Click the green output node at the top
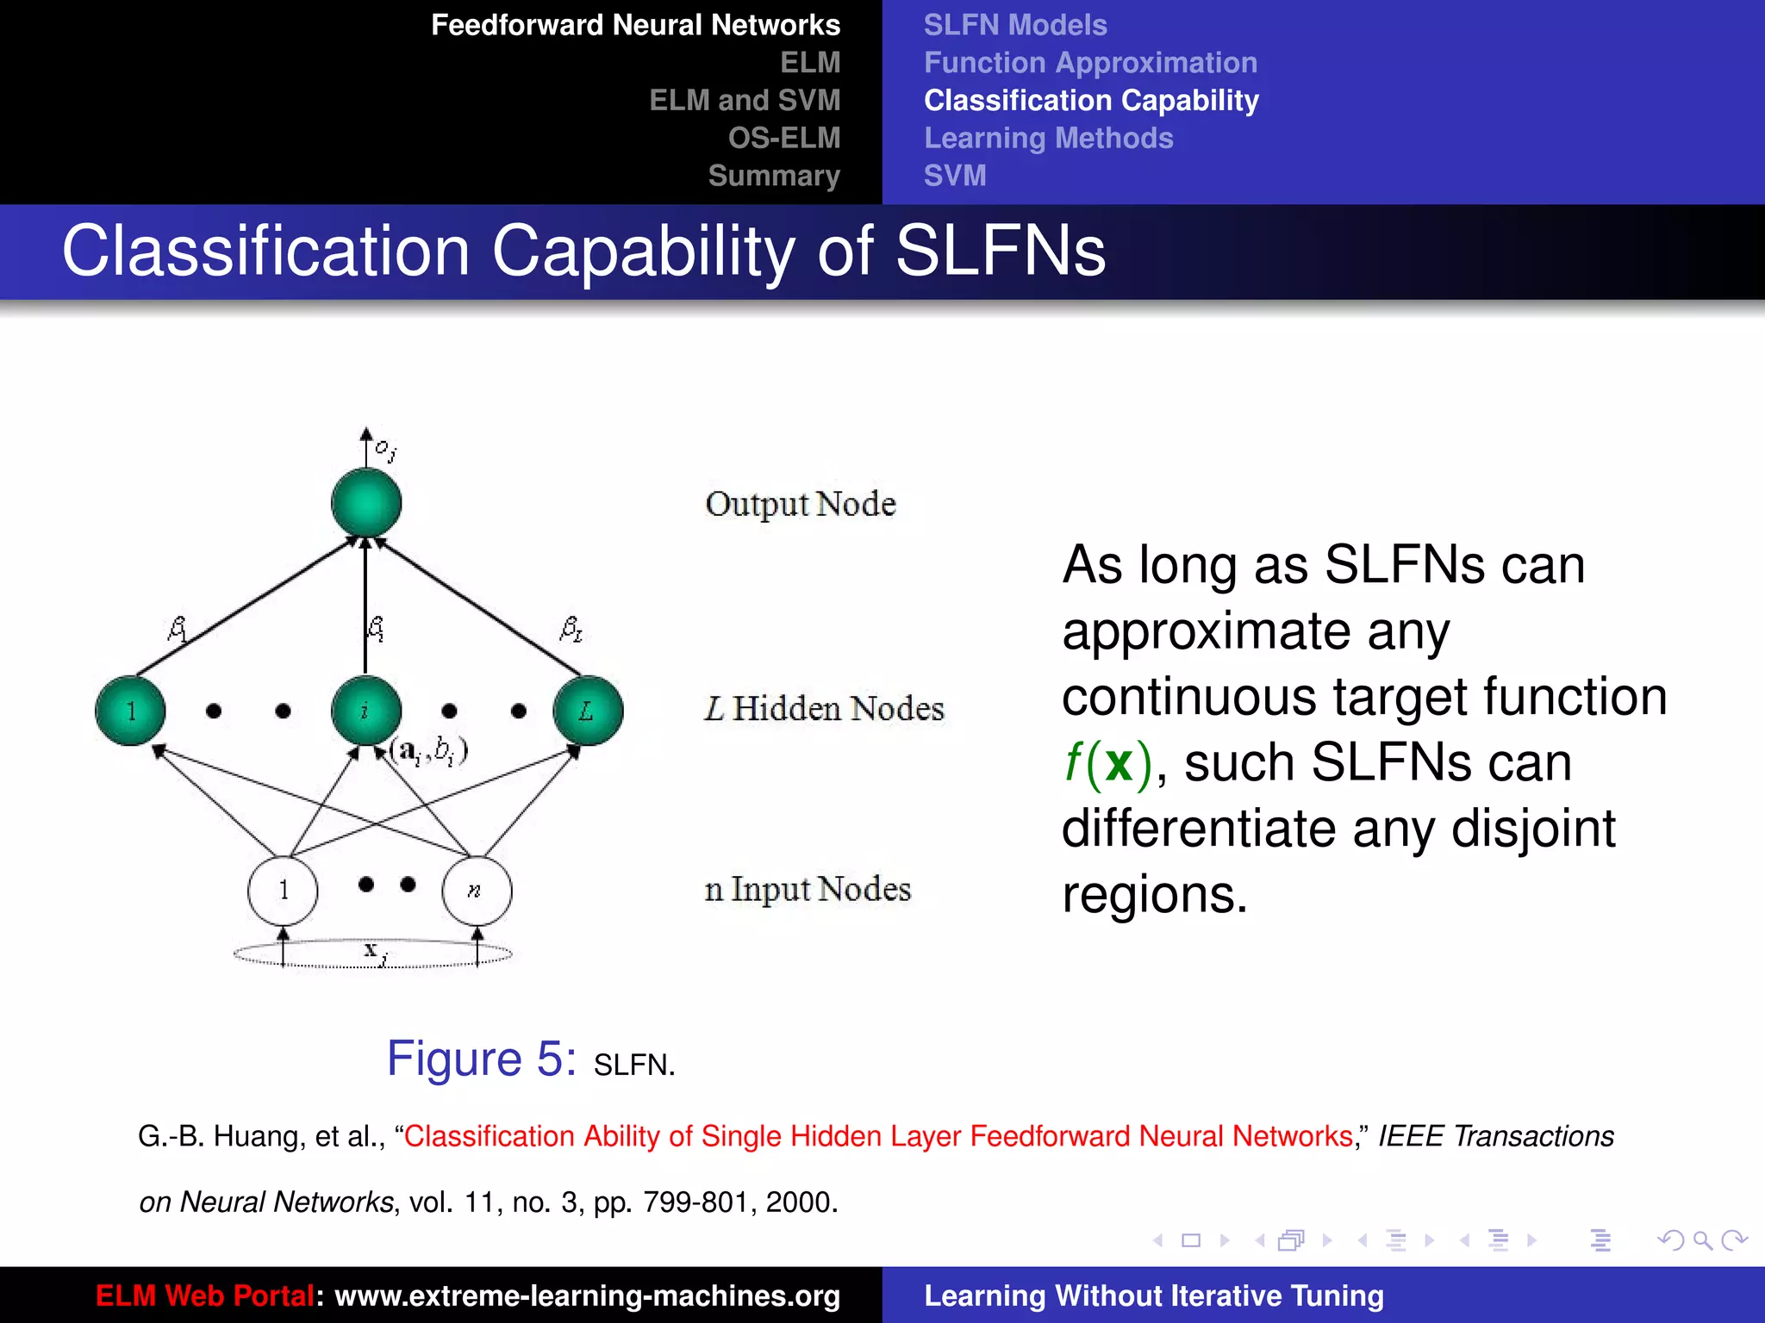pyautogui.click(x=366, y=503)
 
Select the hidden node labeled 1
pyautogui.click(x=130, y=711)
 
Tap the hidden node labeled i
pyautogui.click(x=366, y=711)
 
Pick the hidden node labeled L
pyautogui.click(x=587, y=711)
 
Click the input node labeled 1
pyautogui.click(x=283, y=890)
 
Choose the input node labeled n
pyautogui.click(x=477, y=890)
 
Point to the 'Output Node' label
pyautogui.click(x=801, y=504)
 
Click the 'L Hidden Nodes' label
pyautogui.click(x=824, y=709)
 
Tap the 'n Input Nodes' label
pyautogui.click(x=808, y=889)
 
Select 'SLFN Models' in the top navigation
pyautogui.click(x=1015, y=25)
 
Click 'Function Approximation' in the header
pyautogui.click(x=1090, y=63)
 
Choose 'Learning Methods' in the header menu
pyautogui.click(x=1048, y=138)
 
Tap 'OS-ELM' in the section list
pyautogui.click(x=783, y=138)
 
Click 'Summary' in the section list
pyautogui.click(x=774, y=176)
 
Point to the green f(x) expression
pyautogui.click(x=1107, y=763)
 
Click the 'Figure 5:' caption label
pyautogui.click(x=481, y=1059)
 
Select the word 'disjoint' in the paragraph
pyautogui.click(x=1533, y=829)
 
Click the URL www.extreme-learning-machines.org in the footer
pyautogui.click(x=587, y=1295)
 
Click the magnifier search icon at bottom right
pyautogui.click(x=1702, y=1240)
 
